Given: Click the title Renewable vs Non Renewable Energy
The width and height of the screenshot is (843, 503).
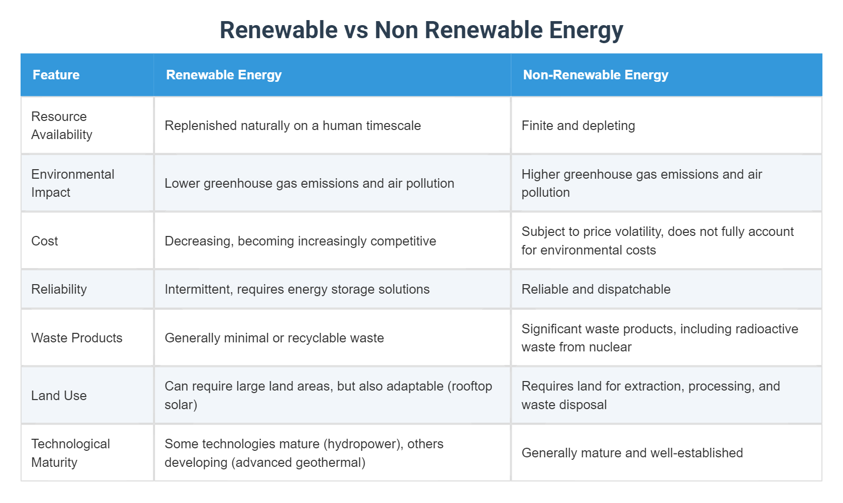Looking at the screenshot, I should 421,30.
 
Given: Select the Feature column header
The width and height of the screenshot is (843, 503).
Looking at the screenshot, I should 56,75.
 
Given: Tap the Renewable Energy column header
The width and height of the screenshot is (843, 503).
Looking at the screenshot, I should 224,75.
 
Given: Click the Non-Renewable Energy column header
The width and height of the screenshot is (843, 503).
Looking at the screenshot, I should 596,75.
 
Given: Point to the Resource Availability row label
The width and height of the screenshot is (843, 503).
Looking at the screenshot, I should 62,125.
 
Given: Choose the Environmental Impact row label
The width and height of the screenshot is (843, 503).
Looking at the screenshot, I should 73,183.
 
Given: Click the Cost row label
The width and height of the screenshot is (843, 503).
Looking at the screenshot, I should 45,241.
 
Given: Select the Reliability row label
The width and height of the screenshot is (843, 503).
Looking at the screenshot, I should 59,289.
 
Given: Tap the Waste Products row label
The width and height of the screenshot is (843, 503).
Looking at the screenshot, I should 77,338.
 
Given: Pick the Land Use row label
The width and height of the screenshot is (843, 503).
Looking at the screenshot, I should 59,396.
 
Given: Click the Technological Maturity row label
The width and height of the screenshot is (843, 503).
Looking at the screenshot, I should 70,453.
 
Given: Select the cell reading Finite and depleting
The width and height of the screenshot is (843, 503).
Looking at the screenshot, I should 578,125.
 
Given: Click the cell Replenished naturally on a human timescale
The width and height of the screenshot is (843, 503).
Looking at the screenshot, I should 293,125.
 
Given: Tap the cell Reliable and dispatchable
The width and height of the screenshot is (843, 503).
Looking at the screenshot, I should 596,289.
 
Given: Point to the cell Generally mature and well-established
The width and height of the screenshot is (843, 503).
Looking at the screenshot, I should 632,453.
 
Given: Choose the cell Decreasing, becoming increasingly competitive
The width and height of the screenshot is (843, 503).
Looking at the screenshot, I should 300,241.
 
